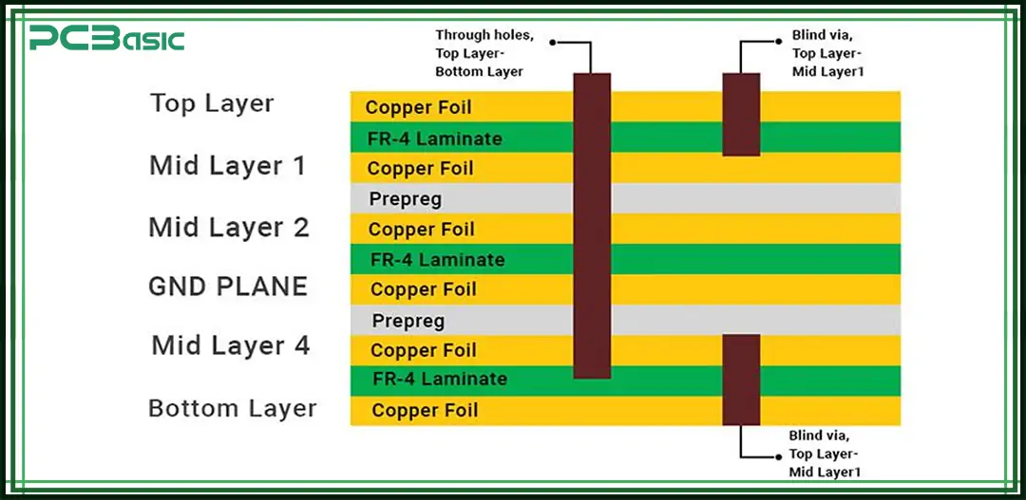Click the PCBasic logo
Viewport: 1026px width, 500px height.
pyautogui.click(x=105, y=39)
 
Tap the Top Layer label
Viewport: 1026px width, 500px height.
pyautogui.click(x=212, y=103)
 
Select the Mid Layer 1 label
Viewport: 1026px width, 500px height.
pyautogui.click(x=228, y=166)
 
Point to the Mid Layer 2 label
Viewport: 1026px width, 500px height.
pyautogui.click(x=228, y=228)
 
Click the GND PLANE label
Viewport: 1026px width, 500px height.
pyautogui.click(x=228, y=287)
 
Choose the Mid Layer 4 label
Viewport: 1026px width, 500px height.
pyautogui.click(x=231, y=345)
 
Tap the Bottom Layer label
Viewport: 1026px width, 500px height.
pyautogui.click(x=233, y=409)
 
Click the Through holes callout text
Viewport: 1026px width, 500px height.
pyautogui.click(x=484, y=53)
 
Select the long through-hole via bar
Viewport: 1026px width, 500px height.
pyautogui.click(x=592, y=225)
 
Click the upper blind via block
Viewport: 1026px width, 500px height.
pyautogui.click(x=741, y=114)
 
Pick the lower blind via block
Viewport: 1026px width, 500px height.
pyautogui.click(x=741, y=379)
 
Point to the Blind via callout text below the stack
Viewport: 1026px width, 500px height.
pyautogui.click(x=826, y=454)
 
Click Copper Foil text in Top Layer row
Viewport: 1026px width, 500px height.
pyautogui.click(x=418, y=107)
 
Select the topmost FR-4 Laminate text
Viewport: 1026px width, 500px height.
pyautogui.click(x=435, y=139)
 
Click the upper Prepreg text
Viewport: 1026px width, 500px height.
pyautogui.click(x=406, y=199)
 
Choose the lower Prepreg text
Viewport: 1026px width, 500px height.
pyautogui.click(x=408, y=321)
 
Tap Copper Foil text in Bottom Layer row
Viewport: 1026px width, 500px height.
pyautogui.click(x=425, y=411)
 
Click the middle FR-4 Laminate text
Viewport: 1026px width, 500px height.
pyautogui.click(x=437, y=259)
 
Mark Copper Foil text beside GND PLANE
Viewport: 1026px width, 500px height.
pyautogui.click(x=423, y=289)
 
